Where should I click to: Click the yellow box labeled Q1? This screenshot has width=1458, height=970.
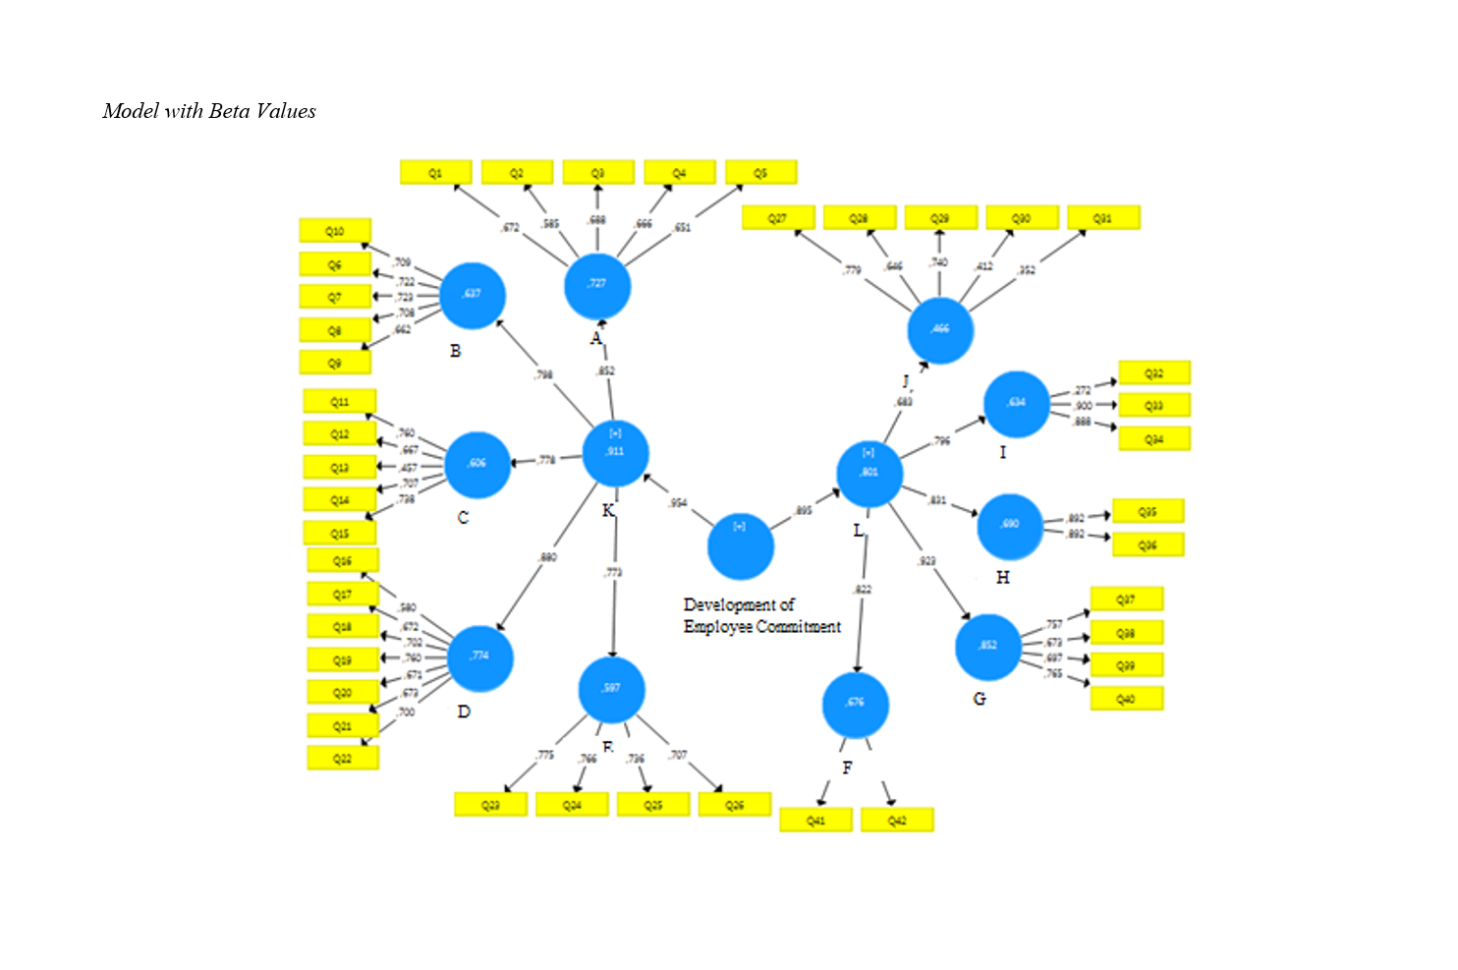[x=435, y=173]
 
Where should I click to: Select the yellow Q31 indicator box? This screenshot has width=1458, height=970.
[x=1102, y=218]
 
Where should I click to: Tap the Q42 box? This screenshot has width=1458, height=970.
[x=896, y=820]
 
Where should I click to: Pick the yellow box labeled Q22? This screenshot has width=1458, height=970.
[x=342, y=758]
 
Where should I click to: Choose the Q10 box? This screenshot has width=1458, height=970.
[x=335, y=231]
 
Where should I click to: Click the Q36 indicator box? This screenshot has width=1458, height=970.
[x=1148, y=544]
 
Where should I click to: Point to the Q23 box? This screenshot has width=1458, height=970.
[x=490, y=805]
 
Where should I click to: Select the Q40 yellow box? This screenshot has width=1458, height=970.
[x=1126, y=699]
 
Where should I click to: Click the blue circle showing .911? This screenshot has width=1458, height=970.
[x=615, y=453]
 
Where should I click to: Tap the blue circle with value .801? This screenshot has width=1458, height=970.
[x=869, y=474]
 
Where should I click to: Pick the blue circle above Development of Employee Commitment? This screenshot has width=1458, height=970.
[x=740, y=546]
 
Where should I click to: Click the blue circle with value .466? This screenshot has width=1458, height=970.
[x=940, y=331]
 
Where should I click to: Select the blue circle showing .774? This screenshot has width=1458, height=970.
[x=479, y=657]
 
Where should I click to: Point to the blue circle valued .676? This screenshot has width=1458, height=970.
[x=855, y=705]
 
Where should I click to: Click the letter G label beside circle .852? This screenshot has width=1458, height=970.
[x=980, y=699]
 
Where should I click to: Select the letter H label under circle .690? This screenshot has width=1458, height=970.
[x=1002, y=577]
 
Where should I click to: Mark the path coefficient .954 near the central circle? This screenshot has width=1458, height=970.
[x=678, y=503]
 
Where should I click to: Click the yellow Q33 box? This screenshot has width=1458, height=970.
[x=1153, y=405]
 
